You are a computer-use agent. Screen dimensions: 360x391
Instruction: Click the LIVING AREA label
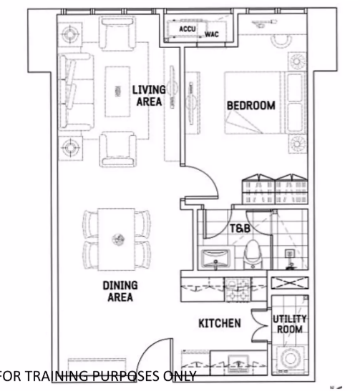149,96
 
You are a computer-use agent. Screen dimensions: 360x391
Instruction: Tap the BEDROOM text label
251,106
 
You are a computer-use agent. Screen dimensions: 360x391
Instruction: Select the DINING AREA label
120,291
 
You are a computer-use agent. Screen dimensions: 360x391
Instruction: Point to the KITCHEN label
220,323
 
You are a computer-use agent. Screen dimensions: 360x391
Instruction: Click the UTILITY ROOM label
289,324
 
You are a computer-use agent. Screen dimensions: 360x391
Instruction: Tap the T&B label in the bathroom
240,229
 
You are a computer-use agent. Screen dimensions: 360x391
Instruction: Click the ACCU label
188,29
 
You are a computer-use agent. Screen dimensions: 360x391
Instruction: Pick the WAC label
212,34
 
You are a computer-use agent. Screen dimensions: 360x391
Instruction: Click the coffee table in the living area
117,91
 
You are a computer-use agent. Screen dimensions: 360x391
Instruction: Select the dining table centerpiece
118,239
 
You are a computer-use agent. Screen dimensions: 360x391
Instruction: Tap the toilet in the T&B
253,255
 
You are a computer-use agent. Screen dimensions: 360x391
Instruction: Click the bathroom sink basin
215,258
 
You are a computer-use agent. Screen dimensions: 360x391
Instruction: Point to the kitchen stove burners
238,289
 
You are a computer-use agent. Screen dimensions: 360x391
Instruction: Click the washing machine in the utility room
290,359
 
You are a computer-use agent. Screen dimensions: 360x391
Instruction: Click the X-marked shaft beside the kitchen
290,283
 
